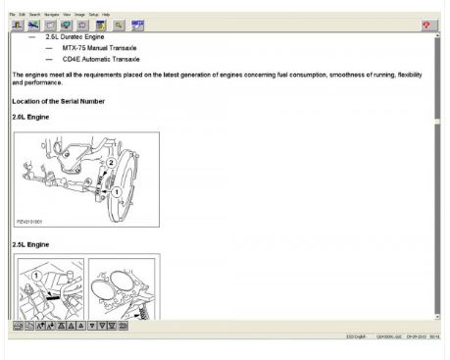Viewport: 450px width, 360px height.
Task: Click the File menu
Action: click(12, 14)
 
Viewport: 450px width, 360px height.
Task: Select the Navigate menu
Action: click(48, 14)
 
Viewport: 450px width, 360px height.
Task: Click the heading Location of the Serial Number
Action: click(58, 102)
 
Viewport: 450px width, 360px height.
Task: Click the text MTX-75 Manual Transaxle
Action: click(99, 47)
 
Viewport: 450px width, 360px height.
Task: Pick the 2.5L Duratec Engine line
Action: click(82, 36)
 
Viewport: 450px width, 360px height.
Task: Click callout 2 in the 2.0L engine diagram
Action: click(111, 163)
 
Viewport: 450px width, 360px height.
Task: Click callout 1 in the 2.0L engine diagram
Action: click(117, 191)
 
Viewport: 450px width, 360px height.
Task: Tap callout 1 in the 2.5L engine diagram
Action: click(37, 276)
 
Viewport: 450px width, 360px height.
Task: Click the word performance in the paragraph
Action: click(43, 84)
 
